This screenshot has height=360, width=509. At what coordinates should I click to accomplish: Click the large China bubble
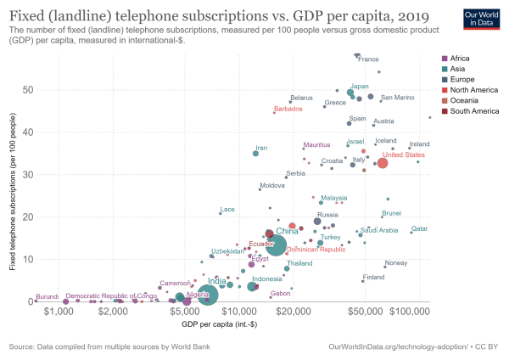277,246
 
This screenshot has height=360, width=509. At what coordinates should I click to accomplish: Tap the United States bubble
383,163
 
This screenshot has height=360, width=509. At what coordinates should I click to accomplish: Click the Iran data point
255,154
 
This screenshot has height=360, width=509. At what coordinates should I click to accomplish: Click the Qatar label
420,229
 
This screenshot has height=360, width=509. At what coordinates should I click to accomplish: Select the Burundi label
48,295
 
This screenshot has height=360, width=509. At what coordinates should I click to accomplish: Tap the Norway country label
396,263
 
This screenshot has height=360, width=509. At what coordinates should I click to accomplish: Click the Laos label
227,209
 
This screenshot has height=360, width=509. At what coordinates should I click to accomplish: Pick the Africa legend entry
461,57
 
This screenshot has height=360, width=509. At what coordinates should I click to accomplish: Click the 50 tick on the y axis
30,90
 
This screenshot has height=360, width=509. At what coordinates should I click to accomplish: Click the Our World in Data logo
481,20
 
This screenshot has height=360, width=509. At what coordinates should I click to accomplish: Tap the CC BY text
490,346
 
